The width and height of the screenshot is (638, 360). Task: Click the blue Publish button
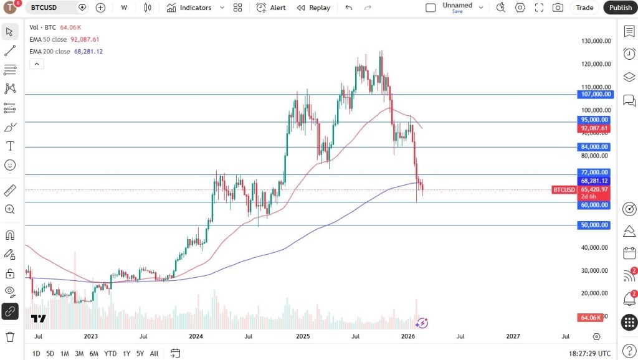tap(620, 7)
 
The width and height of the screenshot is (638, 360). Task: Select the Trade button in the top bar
tap(584, 7)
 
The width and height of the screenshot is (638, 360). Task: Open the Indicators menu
tap(189, 7)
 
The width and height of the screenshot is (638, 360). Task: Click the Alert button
tap(271, 7)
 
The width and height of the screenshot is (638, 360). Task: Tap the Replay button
tap(313, 7)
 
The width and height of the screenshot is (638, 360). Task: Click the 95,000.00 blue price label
tap(594, 120)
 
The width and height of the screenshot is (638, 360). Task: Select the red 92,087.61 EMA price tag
tap(594, 128)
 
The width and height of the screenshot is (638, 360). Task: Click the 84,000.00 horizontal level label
tap(594, 147)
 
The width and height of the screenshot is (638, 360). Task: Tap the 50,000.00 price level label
tap(594, 225)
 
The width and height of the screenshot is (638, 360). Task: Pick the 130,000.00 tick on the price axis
tap(596, 41)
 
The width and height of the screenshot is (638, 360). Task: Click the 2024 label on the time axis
tap(196, 336)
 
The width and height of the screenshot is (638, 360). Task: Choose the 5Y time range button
tap(140, 353)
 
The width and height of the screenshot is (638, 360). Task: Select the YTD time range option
tap(110, 353)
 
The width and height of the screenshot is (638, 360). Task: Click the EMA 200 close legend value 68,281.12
tap(88, 52)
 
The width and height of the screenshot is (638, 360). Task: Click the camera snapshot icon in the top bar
tap(558, 7)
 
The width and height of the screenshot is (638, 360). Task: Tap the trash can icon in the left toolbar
tap(10, 336)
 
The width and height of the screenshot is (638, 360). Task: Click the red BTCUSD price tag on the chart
tap(563, 189)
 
